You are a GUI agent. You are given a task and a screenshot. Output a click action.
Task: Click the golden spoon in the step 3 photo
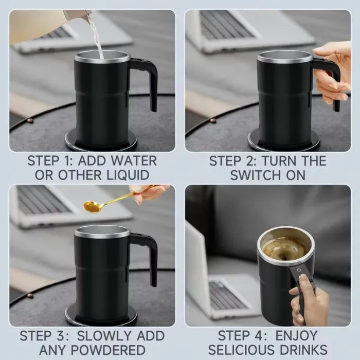coord(96,206)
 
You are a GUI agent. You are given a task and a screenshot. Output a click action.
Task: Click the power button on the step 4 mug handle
coord(299,268)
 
